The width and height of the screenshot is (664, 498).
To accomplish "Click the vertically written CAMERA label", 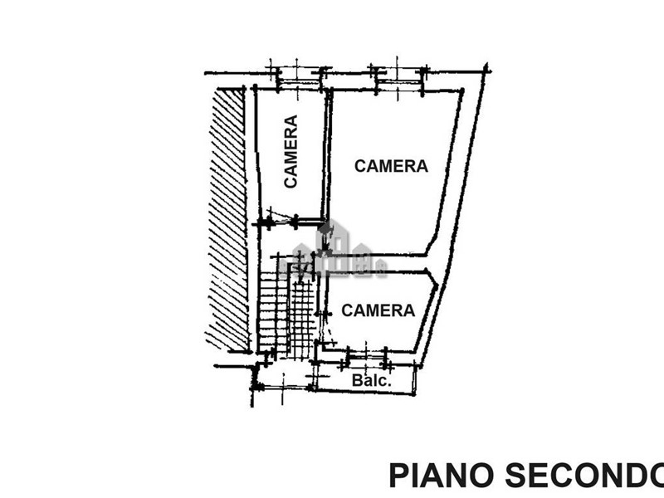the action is coord(290,151).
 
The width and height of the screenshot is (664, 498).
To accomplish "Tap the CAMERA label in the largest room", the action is coord(391,166).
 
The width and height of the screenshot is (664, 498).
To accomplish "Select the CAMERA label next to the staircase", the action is coord(378,310).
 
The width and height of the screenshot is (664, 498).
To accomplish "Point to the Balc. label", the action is coord(371,380).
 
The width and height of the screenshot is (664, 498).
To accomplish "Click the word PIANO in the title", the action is coord(442,476).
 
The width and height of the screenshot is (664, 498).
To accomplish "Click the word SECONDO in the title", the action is coord(585,476).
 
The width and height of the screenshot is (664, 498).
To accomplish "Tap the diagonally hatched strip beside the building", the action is coord(227,219).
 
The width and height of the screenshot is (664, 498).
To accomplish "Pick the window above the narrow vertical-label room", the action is coord(299,79).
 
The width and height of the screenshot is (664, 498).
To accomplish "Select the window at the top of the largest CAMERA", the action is coord(399,79).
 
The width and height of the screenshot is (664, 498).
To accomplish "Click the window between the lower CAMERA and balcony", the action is coord(366,358).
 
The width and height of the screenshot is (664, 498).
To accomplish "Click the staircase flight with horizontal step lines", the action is coord(273,313).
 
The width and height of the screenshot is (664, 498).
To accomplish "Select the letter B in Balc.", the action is coord(357,380).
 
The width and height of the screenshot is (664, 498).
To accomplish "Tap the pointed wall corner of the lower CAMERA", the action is coord(437,285).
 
